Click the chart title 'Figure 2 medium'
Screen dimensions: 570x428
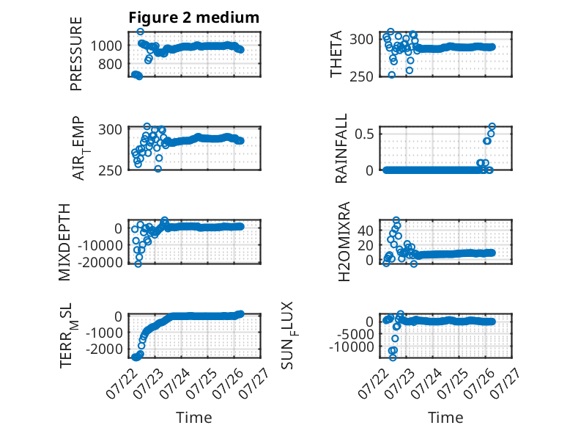tap(193, 18)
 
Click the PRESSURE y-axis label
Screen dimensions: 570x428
tap(76, 54)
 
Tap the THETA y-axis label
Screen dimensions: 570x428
tap(336, 54)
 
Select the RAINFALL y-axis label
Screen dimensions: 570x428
tap(341, 148)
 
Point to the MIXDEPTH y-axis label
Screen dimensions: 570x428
tap(64, 242)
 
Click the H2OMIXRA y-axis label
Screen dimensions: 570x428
tap(344, 242)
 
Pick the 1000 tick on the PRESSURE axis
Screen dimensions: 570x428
tap(106, 46)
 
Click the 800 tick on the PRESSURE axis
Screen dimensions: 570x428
tap(110, 65)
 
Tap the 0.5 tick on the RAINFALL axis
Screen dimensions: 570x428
tap(364, 134)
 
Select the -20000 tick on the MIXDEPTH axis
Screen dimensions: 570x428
tap(100, 262)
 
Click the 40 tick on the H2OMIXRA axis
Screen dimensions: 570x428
tap(366, 231)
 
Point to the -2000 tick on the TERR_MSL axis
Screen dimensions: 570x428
tap(104, 349)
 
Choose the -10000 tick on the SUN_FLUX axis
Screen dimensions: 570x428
tap(352, 347)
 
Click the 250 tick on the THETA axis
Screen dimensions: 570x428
tap(362, 76)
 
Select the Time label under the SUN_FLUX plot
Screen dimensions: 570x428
tap(445, 418)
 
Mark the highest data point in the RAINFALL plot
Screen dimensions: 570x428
tap(492, 126)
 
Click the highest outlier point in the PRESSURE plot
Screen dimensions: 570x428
tap(141, 32)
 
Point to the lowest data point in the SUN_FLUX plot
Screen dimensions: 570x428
tap(393, 358)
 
